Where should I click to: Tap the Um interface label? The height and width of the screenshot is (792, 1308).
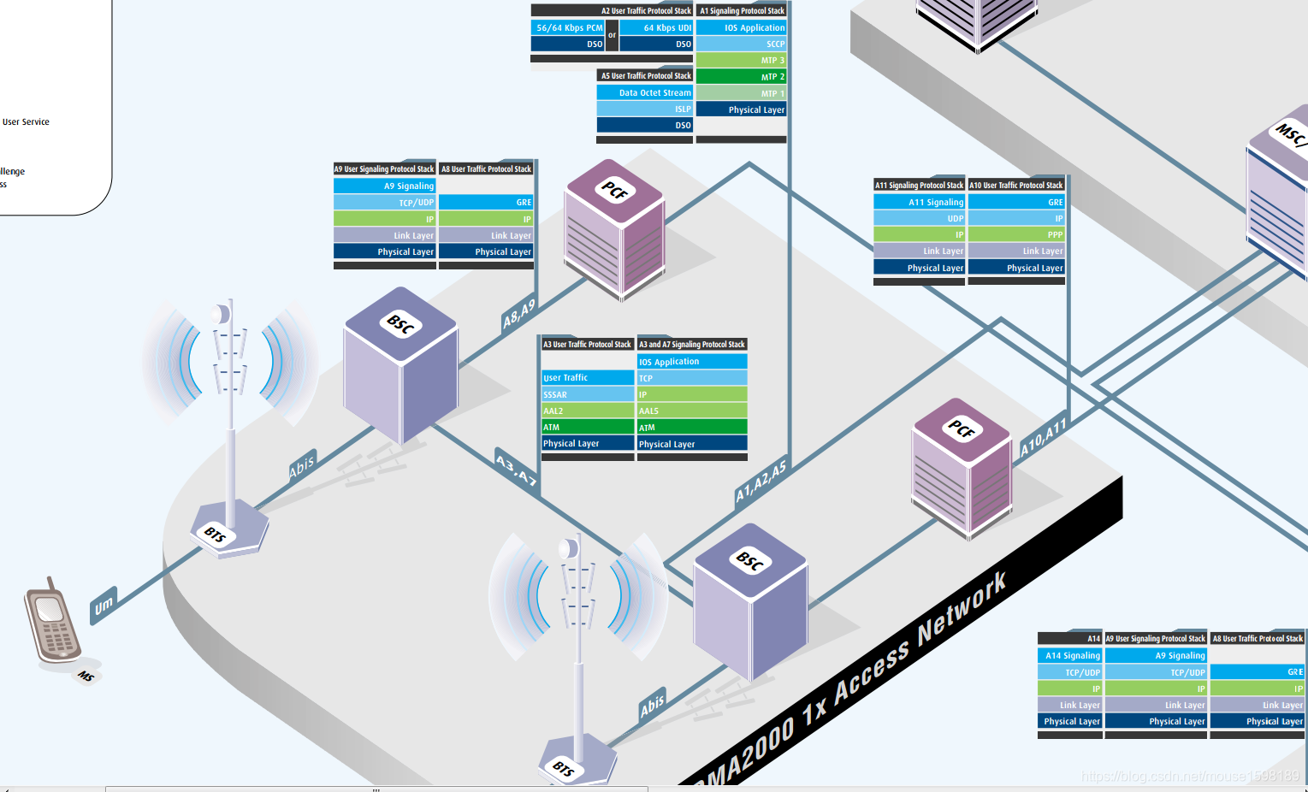pyautogui.click(x=104, y=606)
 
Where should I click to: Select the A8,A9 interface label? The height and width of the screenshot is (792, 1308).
pyautogui.click(x=519, y=314)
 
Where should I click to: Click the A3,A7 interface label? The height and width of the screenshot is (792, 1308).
pyautogui.click(x=517, y=468)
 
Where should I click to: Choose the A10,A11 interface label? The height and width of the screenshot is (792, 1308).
pyautogui.click(x=1044, y=437)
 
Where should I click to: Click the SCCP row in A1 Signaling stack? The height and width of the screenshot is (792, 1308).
pyautogui.click(x=741, y=44)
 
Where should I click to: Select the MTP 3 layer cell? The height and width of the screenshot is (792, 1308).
pyautogui.click(x=741, y=60)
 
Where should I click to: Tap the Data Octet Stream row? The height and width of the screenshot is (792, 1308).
pyautogui.click(x=644, y=92)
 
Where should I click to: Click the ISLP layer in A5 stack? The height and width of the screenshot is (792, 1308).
pyautogui.click(x=644, y=109)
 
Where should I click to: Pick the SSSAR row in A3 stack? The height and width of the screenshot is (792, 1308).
pyautogui.click(x=588, y=394)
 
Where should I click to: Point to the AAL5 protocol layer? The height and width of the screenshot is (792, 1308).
pyautogui.click(x=692, y=411)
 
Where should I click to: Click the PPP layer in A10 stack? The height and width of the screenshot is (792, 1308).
pyautogui.click(x=1016, y=234)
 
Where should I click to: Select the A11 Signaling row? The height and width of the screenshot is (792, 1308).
pyautogui.click(x=919, y=202)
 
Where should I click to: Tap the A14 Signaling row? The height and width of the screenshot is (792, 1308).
pyautogui.click(x=1069, y=655)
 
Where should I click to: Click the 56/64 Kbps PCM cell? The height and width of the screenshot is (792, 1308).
pyautogui.click(x=568, y=27)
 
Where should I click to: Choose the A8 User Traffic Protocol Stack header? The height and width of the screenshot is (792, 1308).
pyautogui.click(x=486, y=168)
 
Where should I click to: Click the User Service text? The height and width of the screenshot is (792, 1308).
pyautogui.click(x=26, y=121)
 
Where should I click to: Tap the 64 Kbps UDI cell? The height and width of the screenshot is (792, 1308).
pyautogui.click(x=656, y=27)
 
